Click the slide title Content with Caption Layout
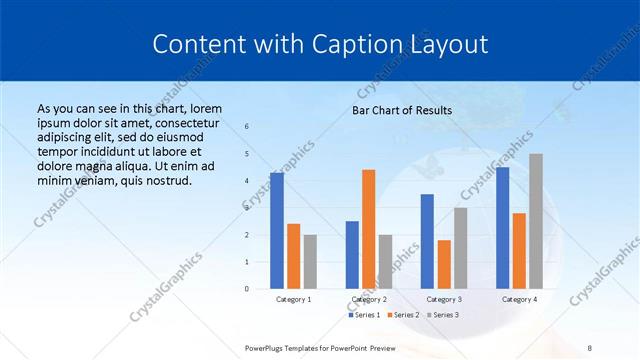point(320,45)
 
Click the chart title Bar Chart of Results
point(402,110)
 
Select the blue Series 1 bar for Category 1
point(277,231)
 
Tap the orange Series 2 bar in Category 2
point(369,229)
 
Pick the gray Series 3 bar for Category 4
point(536,221)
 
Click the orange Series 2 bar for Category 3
point(444,264)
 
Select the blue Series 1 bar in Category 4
point(502,228)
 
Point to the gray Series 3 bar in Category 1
point(310,262)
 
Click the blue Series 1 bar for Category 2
point(352,255)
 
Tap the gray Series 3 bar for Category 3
point(460,248)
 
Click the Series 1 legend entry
point(365,315)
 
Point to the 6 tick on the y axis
point(247,127)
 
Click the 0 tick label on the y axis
point(247,289)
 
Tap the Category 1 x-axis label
point(294,299)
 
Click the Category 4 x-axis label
point(519,299)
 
